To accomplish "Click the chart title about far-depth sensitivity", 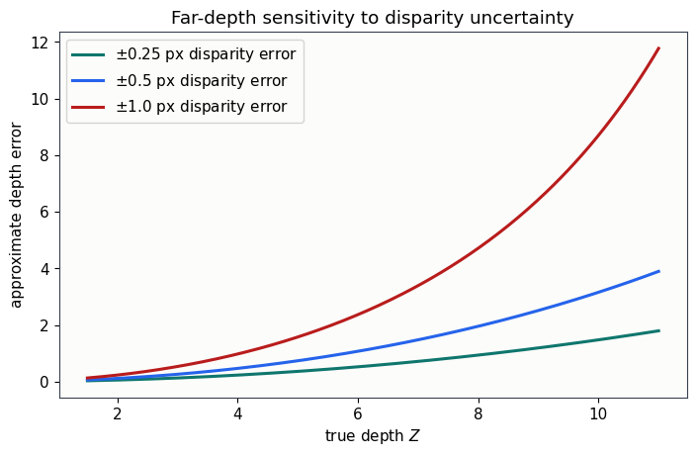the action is point(372,18).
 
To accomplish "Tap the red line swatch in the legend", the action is point(88,107).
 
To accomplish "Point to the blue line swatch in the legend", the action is point(88,80).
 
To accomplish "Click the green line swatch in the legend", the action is point(88,54).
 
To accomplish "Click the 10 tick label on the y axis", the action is point(40,99).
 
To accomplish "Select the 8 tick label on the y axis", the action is point(44,155).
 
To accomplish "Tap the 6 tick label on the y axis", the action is point(44,213).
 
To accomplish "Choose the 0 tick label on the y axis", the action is point(44,382).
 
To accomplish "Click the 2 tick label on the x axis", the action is point(118,414).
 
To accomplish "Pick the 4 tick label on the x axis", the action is point(238,414).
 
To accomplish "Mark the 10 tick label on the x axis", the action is point(598,414).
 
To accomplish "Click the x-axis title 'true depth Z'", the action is point(372,436).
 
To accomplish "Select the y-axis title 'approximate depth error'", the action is point(16,216).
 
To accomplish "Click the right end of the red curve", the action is point(658,48).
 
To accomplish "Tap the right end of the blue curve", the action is point(658,271).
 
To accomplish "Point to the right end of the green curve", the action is point(658,330).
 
